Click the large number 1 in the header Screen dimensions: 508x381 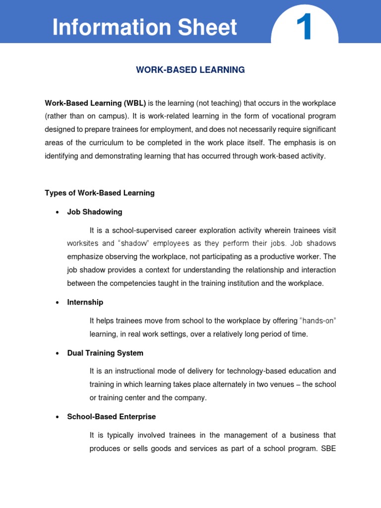click(x=304, y=27)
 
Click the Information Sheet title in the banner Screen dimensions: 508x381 click(x=145, y=27)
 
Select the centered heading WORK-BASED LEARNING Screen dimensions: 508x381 click(x=190, y=70)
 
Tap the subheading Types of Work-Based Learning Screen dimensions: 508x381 click(x=100, y=193)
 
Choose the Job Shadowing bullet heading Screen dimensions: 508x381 click(x=95, y=212)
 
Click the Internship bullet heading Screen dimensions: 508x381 click(x=85, y=302)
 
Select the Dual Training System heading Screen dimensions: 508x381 click(x=105, y=353)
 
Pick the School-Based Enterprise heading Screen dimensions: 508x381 click(x=112, y=417)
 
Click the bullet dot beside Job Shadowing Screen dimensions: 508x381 click(x=58, y=212)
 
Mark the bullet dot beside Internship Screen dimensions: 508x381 click(x=58, y=303)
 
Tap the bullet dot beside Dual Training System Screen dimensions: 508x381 click(x=58, y=354)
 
